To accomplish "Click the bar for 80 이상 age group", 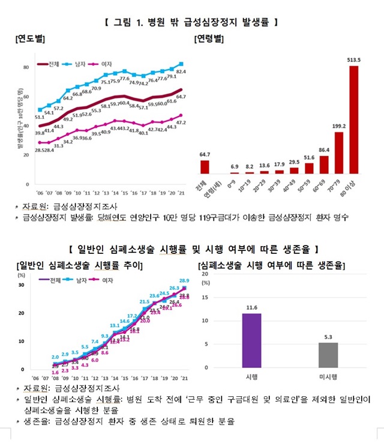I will point(354,119).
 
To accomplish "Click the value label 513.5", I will point(354,59).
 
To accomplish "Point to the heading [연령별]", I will point(209,39).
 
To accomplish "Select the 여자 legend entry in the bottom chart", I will point(106,280).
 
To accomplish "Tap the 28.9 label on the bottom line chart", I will point(184,280).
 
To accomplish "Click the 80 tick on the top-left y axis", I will point(26,67).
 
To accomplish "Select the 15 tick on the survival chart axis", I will point(205,297).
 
